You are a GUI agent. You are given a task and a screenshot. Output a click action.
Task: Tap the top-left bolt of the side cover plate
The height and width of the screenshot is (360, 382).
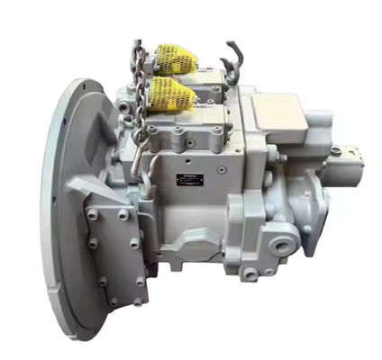tap(94, 214)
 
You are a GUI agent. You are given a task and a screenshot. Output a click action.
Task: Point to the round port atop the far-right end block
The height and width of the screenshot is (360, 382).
tap(335, 149)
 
